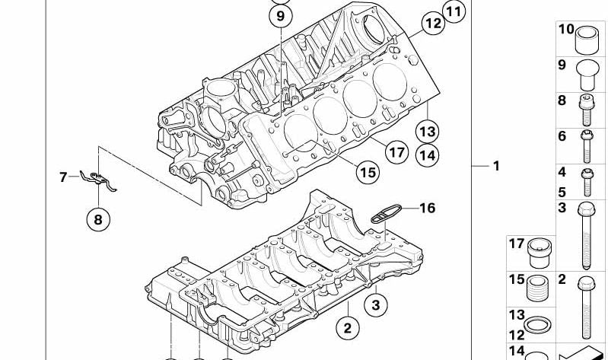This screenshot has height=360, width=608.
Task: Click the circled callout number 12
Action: click(432, 24)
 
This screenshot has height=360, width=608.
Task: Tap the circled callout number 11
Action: click(454, 11)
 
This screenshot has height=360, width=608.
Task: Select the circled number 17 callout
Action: click(396, 152)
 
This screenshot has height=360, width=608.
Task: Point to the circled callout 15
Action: click(368, 173)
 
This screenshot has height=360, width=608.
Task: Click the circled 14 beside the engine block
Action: click(428, 155)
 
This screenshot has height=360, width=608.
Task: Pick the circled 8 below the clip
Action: click(97, 221)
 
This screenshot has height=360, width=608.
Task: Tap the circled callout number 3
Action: click(374, 306)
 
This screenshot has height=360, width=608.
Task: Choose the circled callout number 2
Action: click(347, 329)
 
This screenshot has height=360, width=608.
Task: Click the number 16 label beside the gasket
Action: click(427, 207)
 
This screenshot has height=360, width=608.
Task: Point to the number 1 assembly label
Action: click(495, 165)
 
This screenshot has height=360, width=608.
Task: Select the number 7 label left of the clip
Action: click(63, 177)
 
